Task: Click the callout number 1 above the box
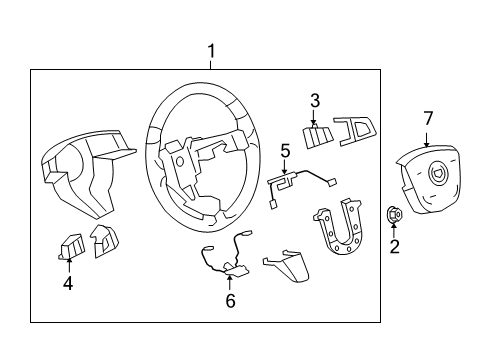click(211, 50)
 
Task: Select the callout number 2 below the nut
click(394, 246)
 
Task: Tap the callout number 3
click(314, 100)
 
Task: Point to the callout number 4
click(67, 284)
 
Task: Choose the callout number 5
click(284, 151)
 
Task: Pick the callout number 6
click(229, 301)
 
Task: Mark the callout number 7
click(427, 119)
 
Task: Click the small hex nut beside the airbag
click(394, 212)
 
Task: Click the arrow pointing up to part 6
click(229, 280)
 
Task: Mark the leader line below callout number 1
click(211, 64)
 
